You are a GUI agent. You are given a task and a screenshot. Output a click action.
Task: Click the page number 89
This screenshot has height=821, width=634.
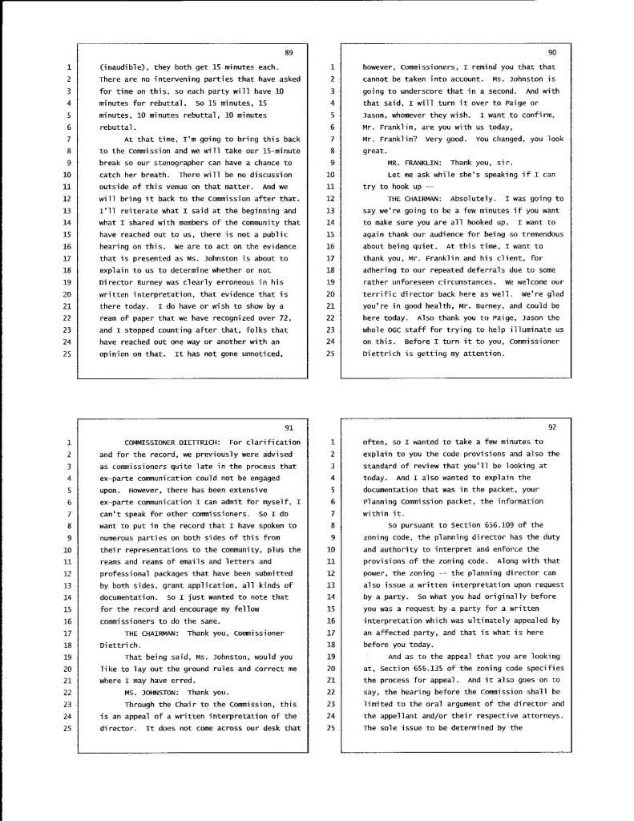pyautogui.click(x=289, y=53)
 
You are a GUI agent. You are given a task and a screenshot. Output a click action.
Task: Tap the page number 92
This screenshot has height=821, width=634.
pyautogui.click(x=552, y=427)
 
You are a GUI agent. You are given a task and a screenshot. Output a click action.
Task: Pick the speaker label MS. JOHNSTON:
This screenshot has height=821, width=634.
pyautogui.click(x=152, y=670)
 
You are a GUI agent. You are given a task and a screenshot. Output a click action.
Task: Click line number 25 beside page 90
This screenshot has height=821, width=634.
pyautogui.click(x=331, y=354)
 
